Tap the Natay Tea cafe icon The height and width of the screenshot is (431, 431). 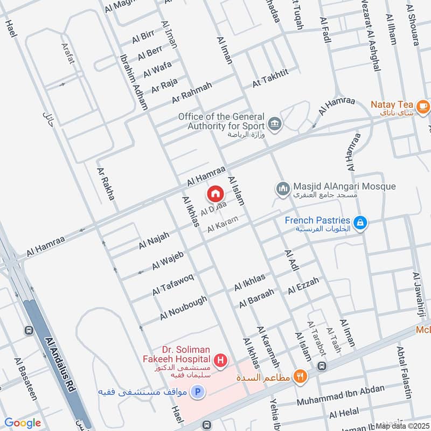point(422,105)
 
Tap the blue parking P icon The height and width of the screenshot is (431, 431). point(198,392)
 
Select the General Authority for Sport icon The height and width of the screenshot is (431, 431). point(275,123)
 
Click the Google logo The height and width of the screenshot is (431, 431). point(22,423)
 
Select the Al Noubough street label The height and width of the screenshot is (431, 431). point(183,308)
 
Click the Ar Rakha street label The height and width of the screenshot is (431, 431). point(106,183)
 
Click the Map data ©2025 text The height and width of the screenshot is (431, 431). point(401,426)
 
